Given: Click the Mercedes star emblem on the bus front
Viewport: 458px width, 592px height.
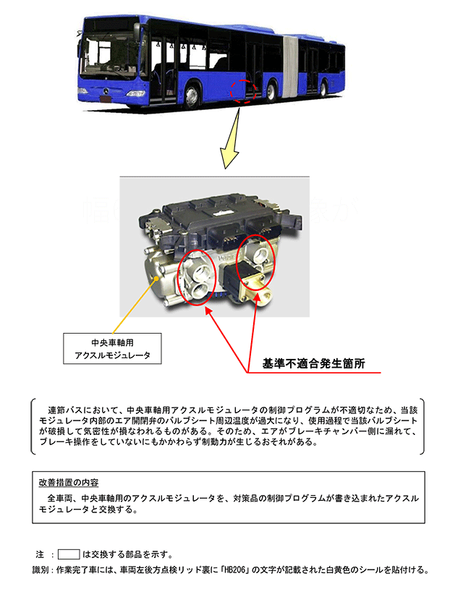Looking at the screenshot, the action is click(x=106, y=90).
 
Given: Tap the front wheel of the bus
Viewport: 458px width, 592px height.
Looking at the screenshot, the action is click(x=192, y=96).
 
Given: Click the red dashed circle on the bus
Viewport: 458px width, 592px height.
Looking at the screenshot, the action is click(x=244, y=91).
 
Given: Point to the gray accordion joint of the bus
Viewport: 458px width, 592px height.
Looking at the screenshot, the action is click(x=290, y=67).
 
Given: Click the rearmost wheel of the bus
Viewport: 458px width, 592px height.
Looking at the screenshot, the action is click(x=323, y=88).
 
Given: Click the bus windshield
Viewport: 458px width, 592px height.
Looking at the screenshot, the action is click(x=110, y=56).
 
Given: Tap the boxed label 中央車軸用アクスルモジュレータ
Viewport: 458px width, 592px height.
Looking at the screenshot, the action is click(x=112, y=349).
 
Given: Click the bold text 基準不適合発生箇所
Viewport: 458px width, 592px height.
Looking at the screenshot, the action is click(x=313, y=363).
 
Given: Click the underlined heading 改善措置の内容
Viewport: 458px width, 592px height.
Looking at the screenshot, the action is click(x=68, y=483).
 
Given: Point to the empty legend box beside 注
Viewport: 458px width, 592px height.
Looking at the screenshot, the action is click(x=68, y=554).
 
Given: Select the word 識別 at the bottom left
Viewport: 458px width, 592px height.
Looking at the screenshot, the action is click(x=41, y=570).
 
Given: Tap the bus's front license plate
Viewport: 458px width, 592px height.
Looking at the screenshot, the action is click(x=106, y=99).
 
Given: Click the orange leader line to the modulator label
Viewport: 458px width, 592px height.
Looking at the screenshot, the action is click(x=135, y=306).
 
